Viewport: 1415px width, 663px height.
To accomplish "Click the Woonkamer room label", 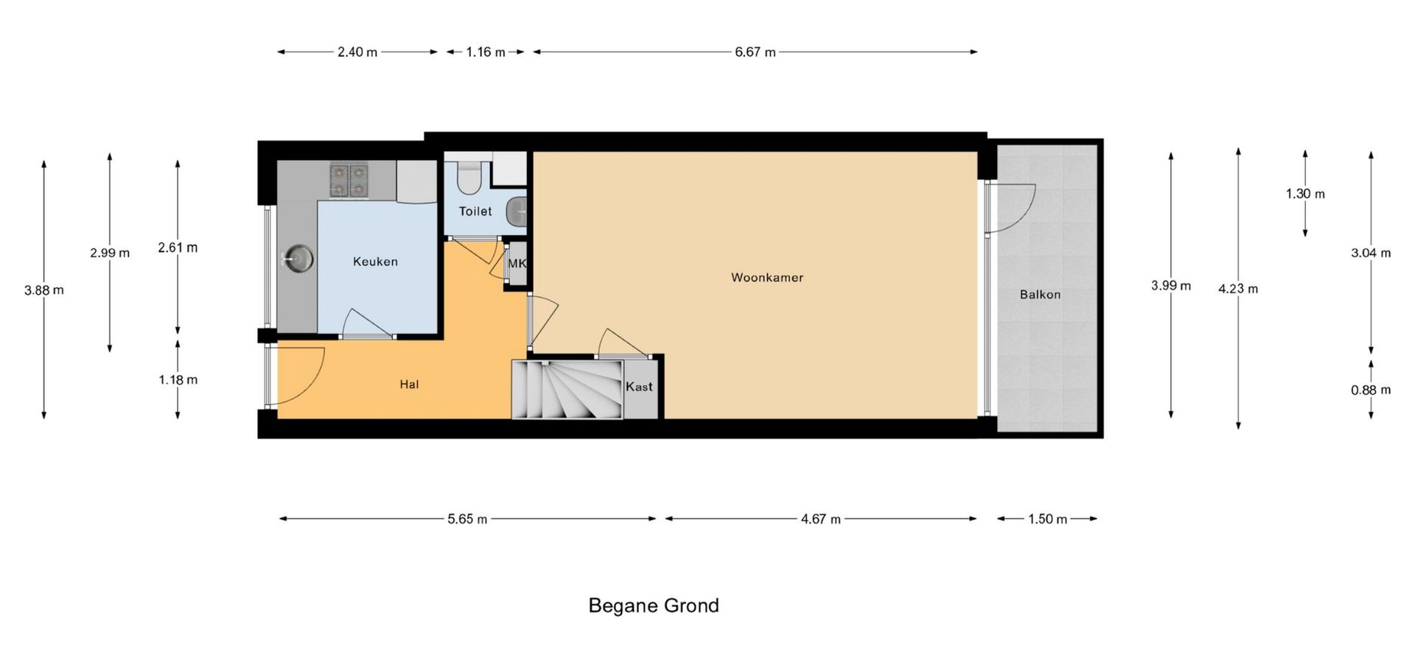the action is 766,278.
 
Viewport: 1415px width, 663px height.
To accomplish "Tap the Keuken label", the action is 375,262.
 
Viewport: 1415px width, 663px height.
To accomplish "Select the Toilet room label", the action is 475,211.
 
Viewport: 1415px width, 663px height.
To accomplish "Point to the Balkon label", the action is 1040,295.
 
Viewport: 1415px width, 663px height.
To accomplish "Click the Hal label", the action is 409,385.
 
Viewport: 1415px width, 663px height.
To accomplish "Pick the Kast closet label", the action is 639,387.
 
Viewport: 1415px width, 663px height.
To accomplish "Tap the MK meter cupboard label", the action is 517,263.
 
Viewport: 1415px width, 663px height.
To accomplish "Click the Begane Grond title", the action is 654,606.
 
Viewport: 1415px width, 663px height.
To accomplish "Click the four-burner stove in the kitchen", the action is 349,180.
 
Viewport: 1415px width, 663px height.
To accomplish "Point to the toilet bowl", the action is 468,177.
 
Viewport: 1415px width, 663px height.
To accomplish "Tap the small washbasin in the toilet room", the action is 517,211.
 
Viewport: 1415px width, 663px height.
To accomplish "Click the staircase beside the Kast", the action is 568,389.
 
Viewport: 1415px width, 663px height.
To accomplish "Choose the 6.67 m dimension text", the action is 755,52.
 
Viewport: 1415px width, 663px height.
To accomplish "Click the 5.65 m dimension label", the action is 467,519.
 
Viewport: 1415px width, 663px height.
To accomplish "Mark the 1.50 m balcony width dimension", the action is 1047,519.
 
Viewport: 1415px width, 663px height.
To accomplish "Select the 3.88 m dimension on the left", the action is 44,290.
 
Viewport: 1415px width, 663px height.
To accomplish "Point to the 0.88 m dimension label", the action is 1371,390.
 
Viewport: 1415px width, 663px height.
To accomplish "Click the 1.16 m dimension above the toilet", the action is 486,52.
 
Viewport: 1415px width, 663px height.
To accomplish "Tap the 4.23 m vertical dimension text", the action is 1238,289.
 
